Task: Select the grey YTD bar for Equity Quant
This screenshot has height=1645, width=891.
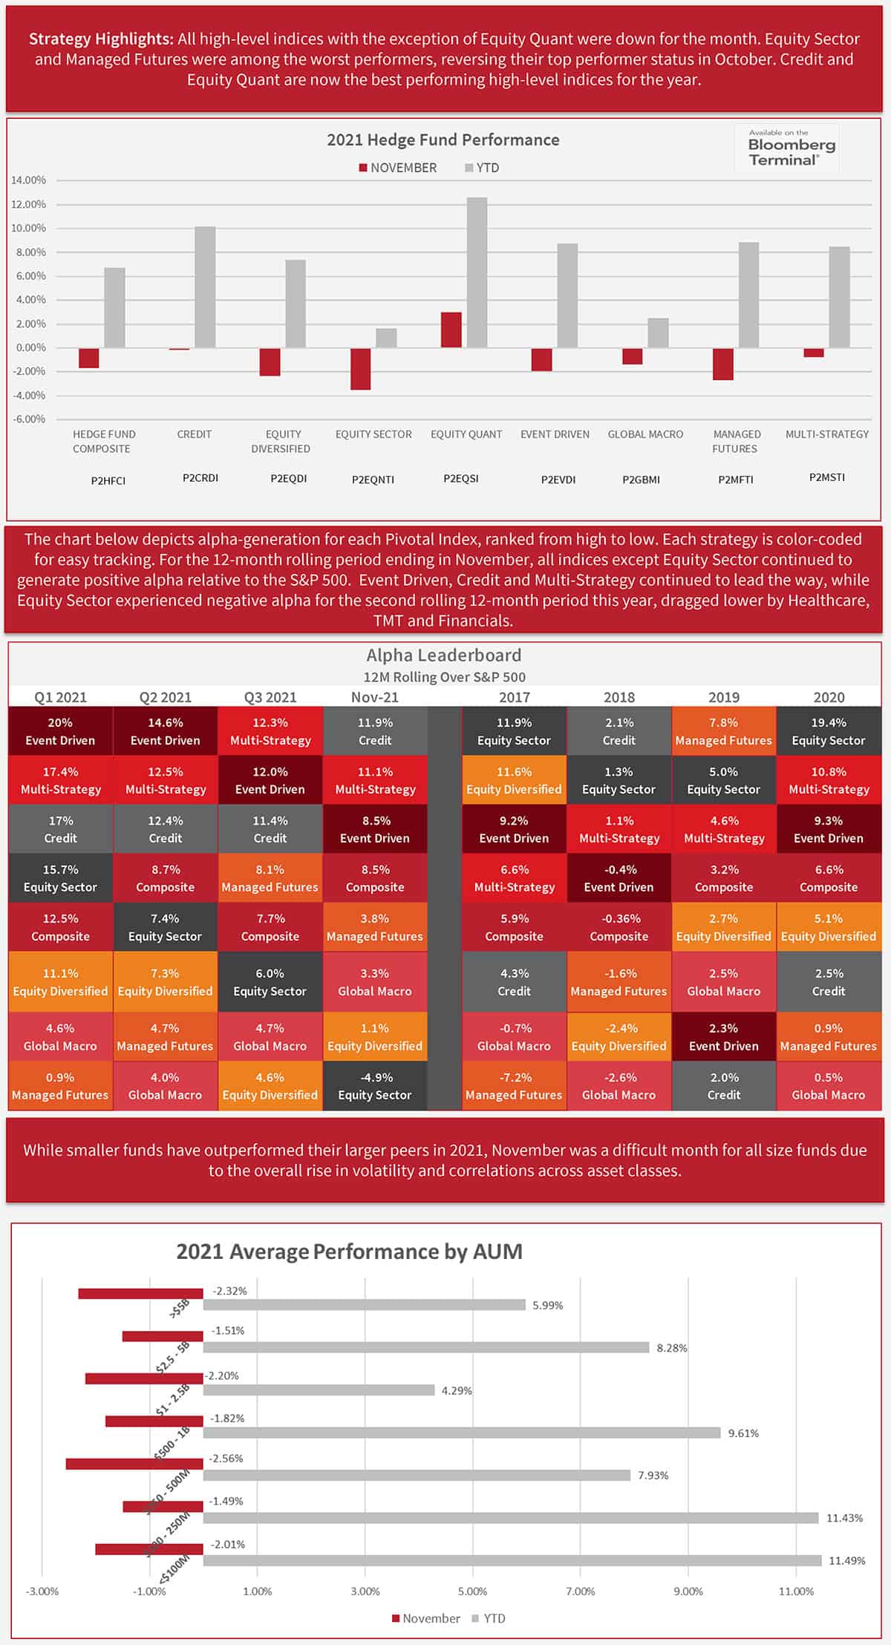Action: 477,272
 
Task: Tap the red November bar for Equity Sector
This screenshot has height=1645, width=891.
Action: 361,369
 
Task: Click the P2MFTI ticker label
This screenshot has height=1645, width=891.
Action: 735,480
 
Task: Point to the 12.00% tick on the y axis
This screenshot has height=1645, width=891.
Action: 28,204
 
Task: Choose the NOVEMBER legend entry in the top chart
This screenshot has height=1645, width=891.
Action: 398,168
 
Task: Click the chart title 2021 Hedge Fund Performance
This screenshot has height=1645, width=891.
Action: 443,140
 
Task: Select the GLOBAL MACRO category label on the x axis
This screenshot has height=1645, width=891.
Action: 645,434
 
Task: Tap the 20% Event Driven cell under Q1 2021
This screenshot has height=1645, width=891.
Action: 60,731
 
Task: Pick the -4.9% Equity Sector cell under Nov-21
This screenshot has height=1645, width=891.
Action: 374,1086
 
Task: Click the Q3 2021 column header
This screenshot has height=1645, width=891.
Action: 270,697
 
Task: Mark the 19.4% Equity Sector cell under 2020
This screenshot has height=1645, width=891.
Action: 829,731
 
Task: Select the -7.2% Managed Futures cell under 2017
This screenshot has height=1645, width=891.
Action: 514,1086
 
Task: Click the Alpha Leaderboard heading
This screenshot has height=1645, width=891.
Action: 444,655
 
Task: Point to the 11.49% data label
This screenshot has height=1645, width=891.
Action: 846,1560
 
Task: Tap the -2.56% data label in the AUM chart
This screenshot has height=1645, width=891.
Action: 226,1458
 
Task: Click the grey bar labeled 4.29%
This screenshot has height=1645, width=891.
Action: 319,1390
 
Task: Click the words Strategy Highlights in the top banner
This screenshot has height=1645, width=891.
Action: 101,39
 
